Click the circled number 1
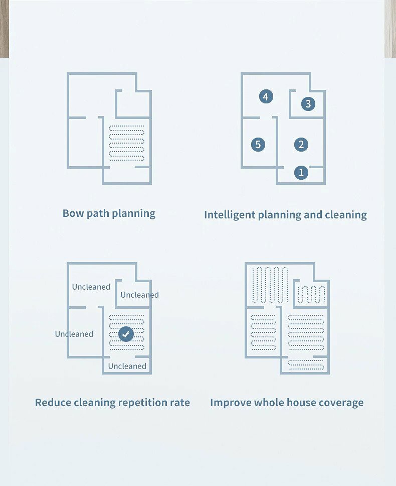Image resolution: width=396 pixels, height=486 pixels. pyautogui.click(x=301, y=173)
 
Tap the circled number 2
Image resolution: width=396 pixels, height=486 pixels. pyautogui.click(x=301, y=145)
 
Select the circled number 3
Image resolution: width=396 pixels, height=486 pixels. pyautogui.click(x=308, y=104)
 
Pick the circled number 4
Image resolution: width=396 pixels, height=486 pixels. pyautogui.click(x=266, y=96)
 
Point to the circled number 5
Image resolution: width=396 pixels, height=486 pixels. pyautogui.click(x=258, y=145)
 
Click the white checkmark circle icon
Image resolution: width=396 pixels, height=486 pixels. pyautogui.click(x=126, y=333)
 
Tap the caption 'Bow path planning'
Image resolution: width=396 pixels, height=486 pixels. pyautogui.click(x=109, y=213)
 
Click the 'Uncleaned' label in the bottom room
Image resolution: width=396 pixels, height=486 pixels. pyautogui.click(x=127, y=366)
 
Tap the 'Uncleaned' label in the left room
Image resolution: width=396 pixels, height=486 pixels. pyautogui.click(x=74, y=334)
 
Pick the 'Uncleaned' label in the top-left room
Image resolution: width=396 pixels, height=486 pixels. pyautogui.click(x=91, y=287)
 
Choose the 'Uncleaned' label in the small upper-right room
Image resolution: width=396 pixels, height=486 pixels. pyautogui.click(x=139, y=295)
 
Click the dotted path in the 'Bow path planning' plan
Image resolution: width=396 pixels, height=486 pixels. pyautogui.click(x=126, y=143)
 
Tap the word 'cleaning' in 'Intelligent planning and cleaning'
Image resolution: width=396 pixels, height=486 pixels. pyautogui.click(x=346, y=215)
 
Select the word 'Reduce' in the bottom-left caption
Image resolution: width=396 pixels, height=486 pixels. pyautogui.click(x=53, y=403)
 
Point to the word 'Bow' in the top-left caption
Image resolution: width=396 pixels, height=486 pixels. pyautogui.click(x=73, y=213)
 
